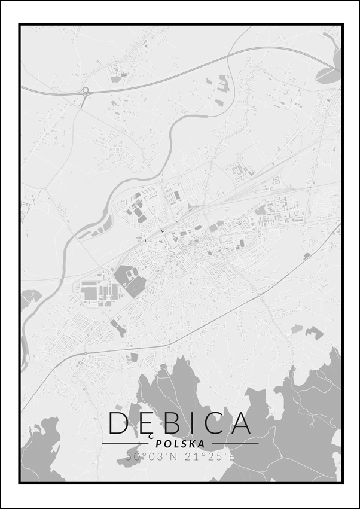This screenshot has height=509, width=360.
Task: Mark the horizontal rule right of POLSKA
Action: click(x=233, y=444)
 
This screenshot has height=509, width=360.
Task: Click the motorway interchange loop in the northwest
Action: click(x=83, y=92)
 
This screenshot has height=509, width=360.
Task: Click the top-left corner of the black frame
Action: click(x=20, y=25)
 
